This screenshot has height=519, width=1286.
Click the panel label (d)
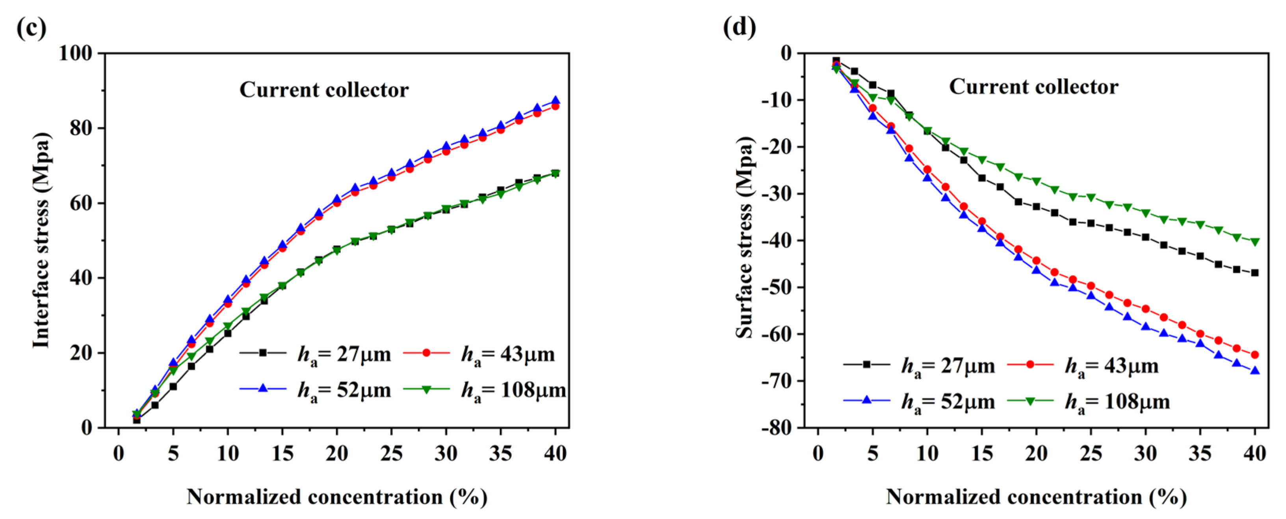point(740,28)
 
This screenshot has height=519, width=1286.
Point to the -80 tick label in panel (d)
point(777,428)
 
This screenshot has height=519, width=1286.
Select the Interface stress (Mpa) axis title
point(42,240)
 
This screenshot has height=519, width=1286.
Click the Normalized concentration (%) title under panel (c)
point(337,497)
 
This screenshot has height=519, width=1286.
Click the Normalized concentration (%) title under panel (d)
point(1036,497)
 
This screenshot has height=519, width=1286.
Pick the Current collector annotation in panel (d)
point(1033,87)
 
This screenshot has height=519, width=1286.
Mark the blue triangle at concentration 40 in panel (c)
point(555,101)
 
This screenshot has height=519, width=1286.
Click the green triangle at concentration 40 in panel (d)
point(1254,242)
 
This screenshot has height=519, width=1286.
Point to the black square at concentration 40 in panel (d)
point(1254,273)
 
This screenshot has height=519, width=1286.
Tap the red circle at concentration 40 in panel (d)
point(1254,355)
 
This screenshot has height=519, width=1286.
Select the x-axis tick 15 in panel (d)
point(981,454)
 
